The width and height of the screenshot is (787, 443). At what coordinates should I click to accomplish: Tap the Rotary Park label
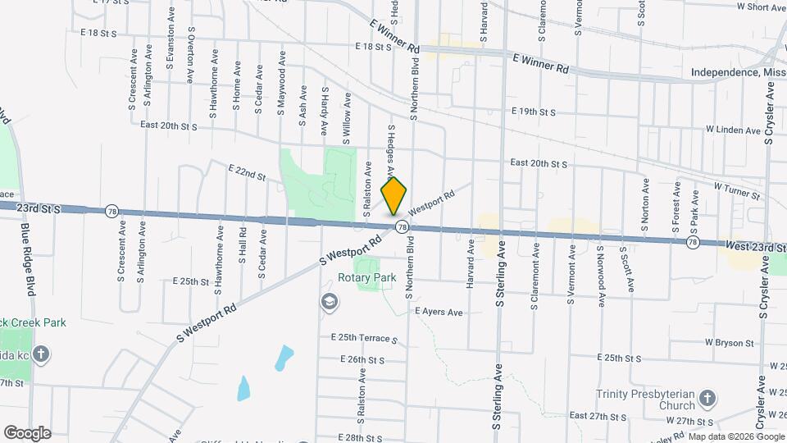[366, 277]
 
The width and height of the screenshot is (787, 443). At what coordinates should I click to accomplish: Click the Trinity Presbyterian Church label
[646, 400]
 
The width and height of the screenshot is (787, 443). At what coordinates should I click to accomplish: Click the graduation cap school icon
[329, 303]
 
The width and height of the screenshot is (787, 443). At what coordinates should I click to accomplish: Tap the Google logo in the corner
[27, 432]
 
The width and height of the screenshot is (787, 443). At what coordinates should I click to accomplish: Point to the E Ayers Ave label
[439, 312]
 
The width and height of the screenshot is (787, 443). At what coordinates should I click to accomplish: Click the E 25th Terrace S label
[363, 338]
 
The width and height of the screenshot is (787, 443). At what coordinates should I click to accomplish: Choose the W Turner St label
[738, 192]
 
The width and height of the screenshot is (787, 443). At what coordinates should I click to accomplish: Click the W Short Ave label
[762, 7]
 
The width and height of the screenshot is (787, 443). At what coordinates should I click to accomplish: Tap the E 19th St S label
[533, 111]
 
